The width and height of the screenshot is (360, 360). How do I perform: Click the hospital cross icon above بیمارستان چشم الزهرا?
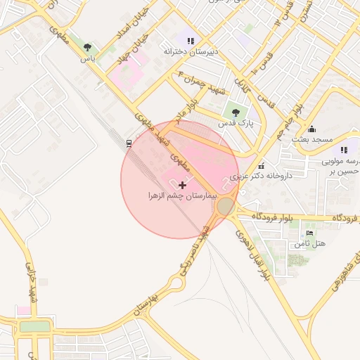coord(184,184)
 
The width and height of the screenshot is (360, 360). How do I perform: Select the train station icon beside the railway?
coord(129,143)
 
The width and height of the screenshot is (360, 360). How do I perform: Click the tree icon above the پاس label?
coord(87,48)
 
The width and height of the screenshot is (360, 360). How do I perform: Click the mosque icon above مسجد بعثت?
coord(312,129)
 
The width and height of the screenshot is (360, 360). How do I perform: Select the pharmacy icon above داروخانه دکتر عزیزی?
coord(262,166)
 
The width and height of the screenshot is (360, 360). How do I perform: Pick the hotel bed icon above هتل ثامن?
coord(310,233)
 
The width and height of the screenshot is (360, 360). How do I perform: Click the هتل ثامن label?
coord(310,243)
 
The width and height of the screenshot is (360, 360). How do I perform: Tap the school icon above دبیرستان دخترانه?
coord(191,41)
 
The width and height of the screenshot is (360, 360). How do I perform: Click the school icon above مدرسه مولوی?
coord(344,150)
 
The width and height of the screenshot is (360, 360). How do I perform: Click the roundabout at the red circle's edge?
coord(226,206)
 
